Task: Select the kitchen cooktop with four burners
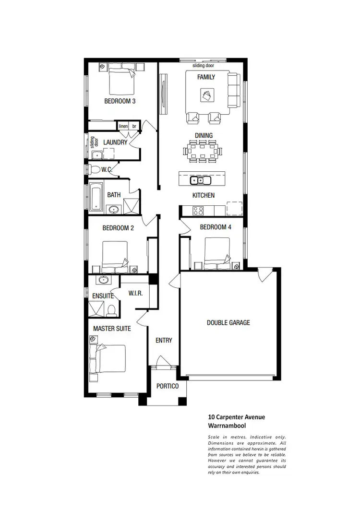point(197,210)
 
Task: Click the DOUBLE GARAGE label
point(228,323)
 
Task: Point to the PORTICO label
point(168,386)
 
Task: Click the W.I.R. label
point(135,293)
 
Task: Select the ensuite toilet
point(111,310)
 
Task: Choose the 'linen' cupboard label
point(123,126)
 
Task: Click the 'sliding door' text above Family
point(203,65)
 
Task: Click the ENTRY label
point(164,340)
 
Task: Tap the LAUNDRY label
point(115,142)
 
